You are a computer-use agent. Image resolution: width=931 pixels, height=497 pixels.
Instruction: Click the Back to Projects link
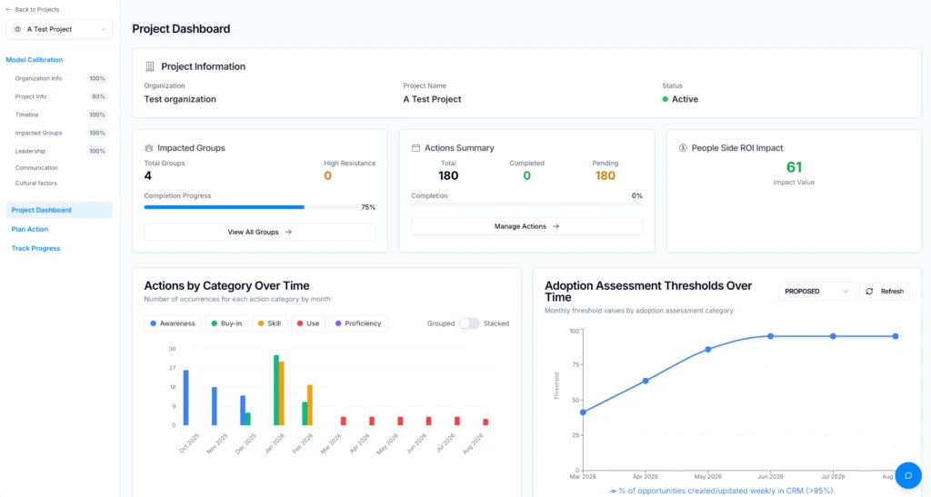click(x=33, y=9)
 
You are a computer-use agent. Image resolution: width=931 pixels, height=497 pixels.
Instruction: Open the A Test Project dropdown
click(x=59, y=29)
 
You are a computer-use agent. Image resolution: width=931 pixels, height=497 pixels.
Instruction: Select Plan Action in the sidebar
click(x=30, y=229)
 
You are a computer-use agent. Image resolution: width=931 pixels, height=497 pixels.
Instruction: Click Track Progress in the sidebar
click(x=35, y=248)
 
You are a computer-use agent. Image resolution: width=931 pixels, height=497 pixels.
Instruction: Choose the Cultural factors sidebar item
click(x=36, y=184)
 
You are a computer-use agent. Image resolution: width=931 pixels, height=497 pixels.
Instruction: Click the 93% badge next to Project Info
click(x=98, y=96)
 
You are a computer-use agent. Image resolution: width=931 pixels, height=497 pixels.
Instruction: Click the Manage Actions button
click(x=526, y=226)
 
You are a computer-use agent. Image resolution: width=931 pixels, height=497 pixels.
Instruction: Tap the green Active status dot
click(x=665, y=99)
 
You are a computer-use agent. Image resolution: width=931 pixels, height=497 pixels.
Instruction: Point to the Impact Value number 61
click(x=794, y=167)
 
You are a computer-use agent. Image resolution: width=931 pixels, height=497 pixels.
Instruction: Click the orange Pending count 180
click(x=605, y=175)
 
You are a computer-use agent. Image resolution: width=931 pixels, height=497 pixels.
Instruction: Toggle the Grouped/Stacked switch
click(x=468, y=323)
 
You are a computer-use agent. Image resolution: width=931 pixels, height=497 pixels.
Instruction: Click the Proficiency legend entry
click(x=358, y=323)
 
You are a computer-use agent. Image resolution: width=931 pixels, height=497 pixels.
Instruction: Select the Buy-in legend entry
click(x=226, y=323)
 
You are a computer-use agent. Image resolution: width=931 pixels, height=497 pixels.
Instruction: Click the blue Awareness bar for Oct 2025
click(x=185, y=397)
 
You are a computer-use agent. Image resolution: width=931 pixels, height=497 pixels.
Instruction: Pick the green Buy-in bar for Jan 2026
click(x=276, y=391)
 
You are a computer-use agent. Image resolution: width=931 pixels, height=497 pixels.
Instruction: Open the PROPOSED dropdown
click(x=816, y=291)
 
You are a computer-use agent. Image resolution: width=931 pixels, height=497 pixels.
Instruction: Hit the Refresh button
click(x=885, y=291)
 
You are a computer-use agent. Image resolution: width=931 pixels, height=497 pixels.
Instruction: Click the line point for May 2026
click(x=707, y=349)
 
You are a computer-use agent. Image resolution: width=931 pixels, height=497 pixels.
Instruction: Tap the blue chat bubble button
click(x=908, y=475)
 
